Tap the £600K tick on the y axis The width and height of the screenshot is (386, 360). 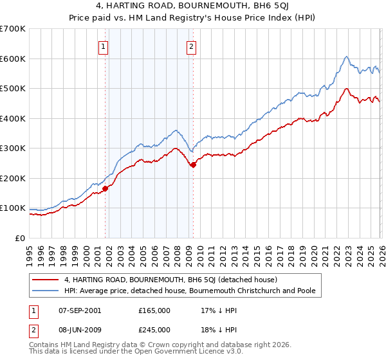click(13, 59)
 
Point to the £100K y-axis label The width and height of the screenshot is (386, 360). click(13, 208)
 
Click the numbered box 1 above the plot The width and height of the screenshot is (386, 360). click(104, 46)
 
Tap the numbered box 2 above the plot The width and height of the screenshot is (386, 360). click(192, 46)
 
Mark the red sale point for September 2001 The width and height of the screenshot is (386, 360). click(106, 188)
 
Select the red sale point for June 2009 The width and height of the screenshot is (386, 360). click(193, 165)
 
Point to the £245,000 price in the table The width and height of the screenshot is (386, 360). click(154, 329)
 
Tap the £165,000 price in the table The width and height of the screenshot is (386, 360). click(154, 310)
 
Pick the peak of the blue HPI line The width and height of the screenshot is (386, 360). click(346, 57)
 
